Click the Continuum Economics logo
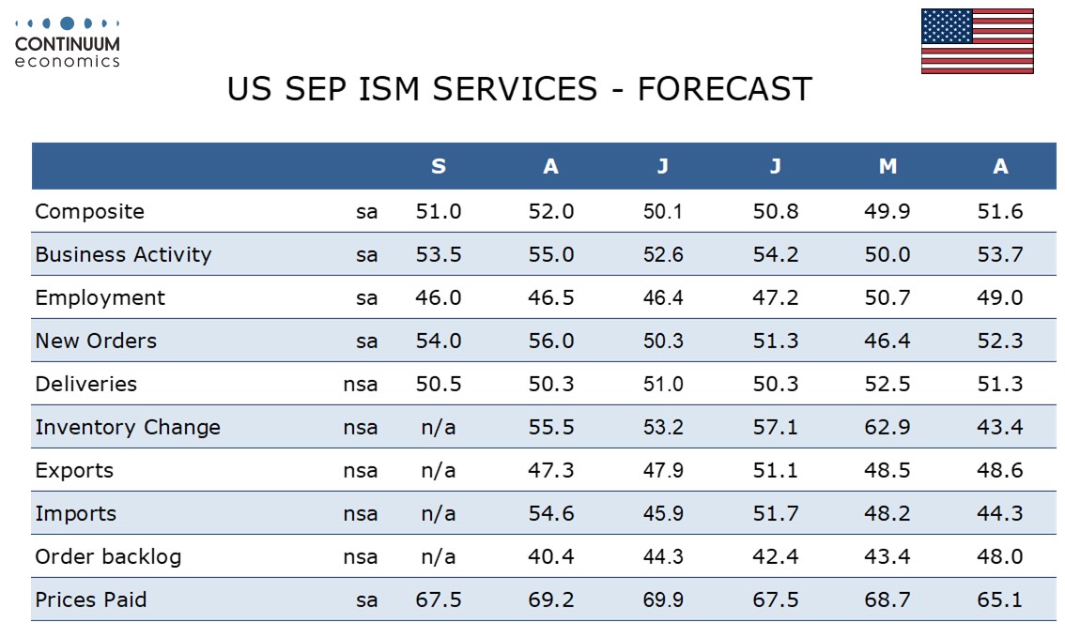click(68, 42)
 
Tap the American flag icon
click(978, 40)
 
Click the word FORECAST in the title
click(725, 89)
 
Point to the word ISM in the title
click(389, 89)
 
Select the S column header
click(439, 166)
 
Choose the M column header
click(887, 166)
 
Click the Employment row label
click(100, 298)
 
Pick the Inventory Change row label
click(128, 428)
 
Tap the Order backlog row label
click(108, 556)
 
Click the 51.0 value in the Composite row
click(439, 212)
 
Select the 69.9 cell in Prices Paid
click(663, 600)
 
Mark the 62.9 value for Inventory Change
click(887, 428)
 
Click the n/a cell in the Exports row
click(438, 470)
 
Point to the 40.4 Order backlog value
click(551, 556)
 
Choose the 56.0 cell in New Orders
click(551, 341)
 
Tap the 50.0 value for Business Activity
click(887, 254)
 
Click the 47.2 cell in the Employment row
click(775, 298)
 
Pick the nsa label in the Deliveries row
click(360, 385)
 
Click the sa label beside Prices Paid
click(367, 600)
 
